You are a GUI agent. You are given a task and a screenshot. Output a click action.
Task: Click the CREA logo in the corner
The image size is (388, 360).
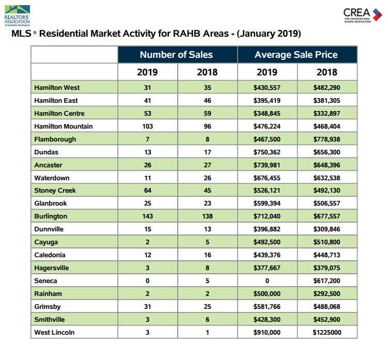[x=363, y=15]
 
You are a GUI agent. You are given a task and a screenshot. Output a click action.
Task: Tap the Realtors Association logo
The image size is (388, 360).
[x=18, y=15]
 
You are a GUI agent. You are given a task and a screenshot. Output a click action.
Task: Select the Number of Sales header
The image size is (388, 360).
[x=176, y=55]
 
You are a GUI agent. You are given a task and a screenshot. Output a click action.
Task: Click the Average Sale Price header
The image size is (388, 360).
[x=296, y=55]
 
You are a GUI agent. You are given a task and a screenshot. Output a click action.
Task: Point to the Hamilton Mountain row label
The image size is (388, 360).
[x=64, y=127]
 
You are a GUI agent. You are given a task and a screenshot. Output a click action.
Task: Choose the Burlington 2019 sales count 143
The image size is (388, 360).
[x=147, y=216]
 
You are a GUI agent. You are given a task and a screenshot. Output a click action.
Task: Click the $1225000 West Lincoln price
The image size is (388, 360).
[x=327, y=332]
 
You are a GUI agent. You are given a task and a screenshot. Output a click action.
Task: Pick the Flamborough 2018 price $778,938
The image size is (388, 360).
[x=327, y=139]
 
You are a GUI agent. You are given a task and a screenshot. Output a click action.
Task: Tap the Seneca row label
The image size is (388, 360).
[x=45, y=281]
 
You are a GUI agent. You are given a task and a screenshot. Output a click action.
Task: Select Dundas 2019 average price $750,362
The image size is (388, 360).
[x=267, y=152]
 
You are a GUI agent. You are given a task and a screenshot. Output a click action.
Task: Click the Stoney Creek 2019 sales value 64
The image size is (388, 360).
[x=147, y=191]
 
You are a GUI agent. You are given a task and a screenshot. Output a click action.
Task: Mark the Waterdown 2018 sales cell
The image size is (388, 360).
[x=207, y=178]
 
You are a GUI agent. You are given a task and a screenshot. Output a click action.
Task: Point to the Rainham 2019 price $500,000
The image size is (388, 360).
[x=267, y=294]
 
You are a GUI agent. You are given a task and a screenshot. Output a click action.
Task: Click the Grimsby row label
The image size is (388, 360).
[x=47, y=307]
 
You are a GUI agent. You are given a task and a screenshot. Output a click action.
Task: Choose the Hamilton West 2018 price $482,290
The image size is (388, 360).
[x=327, y=88]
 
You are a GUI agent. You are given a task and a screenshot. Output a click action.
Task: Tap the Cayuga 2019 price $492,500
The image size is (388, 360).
[x=267, y=242]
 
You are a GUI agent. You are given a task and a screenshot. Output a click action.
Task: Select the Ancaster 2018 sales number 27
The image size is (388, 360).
[x=207, y=165]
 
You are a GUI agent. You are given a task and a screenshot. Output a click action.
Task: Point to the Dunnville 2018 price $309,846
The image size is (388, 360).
[x=327, y=229]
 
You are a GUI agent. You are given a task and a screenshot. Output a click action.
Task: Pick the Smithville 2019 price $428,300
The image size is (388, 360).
[x=267, y=319]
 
